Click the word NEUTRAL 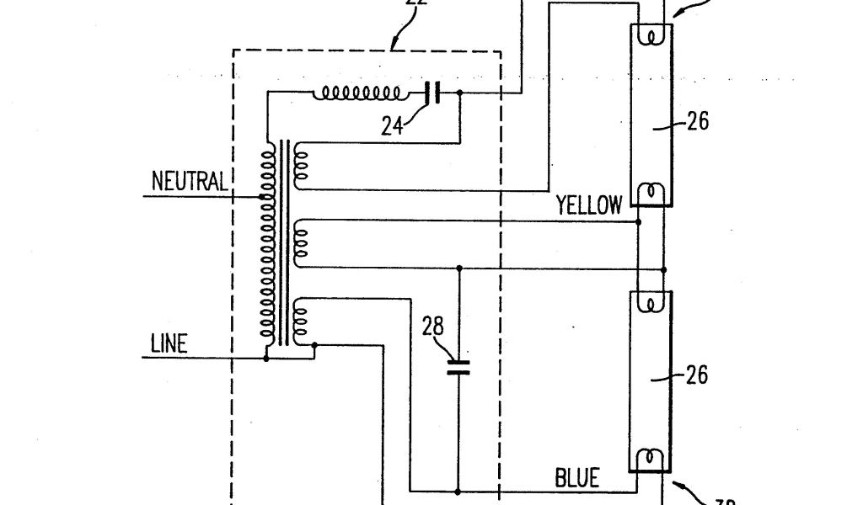(190, 181)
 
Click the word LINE (169, 343)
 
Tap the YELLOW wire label (589, 205)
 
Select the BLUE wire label (577, 479)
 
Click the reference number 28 (434, 327)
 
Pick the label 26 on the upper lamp (696, 122)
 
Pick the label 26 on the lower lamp (696, 375)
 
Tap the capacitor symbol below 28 (458, 366)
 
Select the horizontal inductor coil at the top (357, 93)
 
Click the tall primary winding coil (269, 244)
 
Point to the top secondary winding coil (300, 163)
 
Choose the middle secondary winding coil (302, 245)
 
